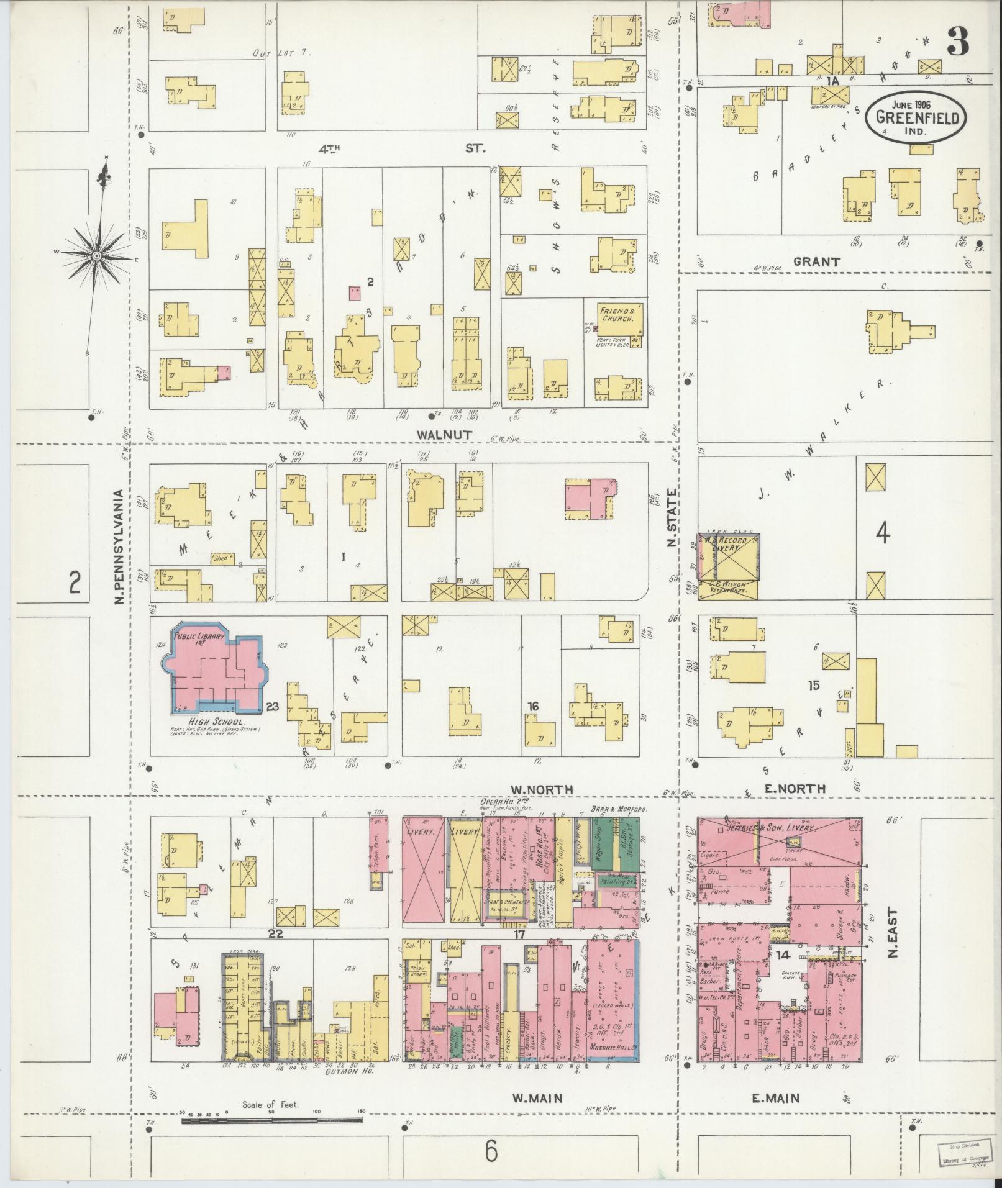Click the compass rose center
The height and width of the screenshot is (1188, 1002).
97,256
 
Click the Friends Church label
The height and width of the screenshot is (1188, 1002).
616,313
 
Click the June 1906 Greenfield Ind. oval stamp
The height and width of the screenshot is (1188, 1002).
916,117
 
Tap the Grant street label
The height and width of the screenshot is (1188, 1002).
816,262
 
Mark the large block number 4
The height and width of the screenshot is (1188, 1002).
883,533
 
